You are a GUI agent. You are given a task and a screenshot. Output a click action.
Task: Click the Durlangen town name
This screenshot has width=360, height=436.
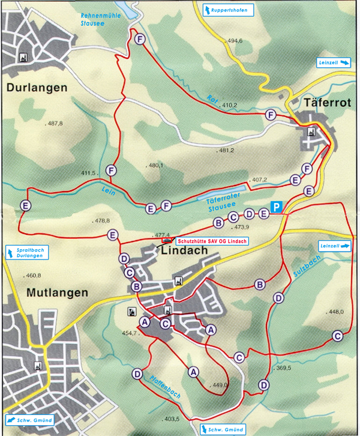point(37,88)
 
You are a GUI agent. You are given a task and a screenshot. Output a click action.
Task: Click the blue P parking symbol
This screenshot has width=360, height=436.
point(276,207)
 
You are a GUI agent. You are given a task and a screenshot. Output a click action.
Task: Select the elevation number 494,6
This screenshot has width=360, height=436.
point(235,41)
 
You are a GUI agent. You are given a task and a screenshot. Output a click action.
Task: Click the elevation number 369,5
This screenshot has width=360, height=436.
point(281,368)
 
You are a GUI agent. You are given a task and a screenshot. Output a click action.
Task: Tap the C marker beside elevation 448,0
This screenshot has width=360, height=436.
point(338,335)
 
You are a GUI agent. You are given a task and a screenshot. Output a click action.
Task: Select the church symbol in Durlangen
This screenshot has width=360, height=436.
point(24,57)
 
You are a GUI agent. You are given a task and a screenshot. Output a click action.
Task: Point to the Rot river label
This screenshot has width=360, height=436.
point(211,99)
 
